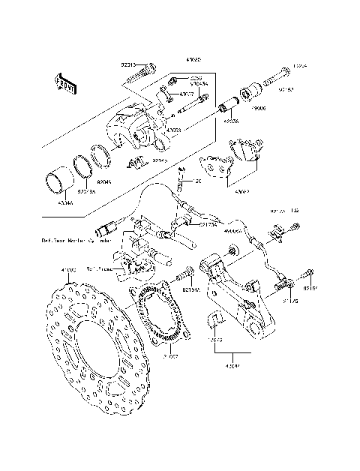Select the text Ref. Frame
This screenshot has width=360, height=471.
[100, 268]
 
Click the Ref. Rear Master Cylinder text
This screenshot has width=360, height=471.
[75, 241]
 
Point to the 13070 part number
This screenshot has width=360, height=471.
[214, 339]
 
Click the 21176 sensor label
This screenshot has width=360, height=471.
[290, 301]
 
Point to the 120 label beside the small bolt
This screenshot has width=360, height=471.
[197, 181]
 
